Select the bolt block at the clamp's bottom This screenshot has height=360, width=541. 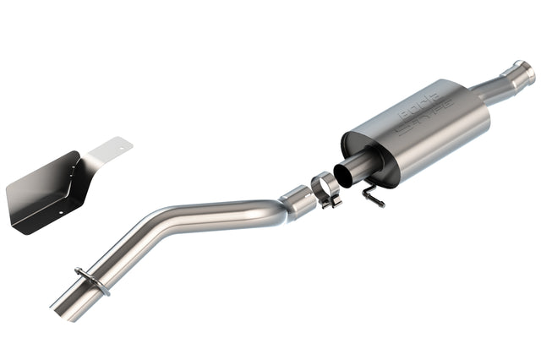click(332, 200)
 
